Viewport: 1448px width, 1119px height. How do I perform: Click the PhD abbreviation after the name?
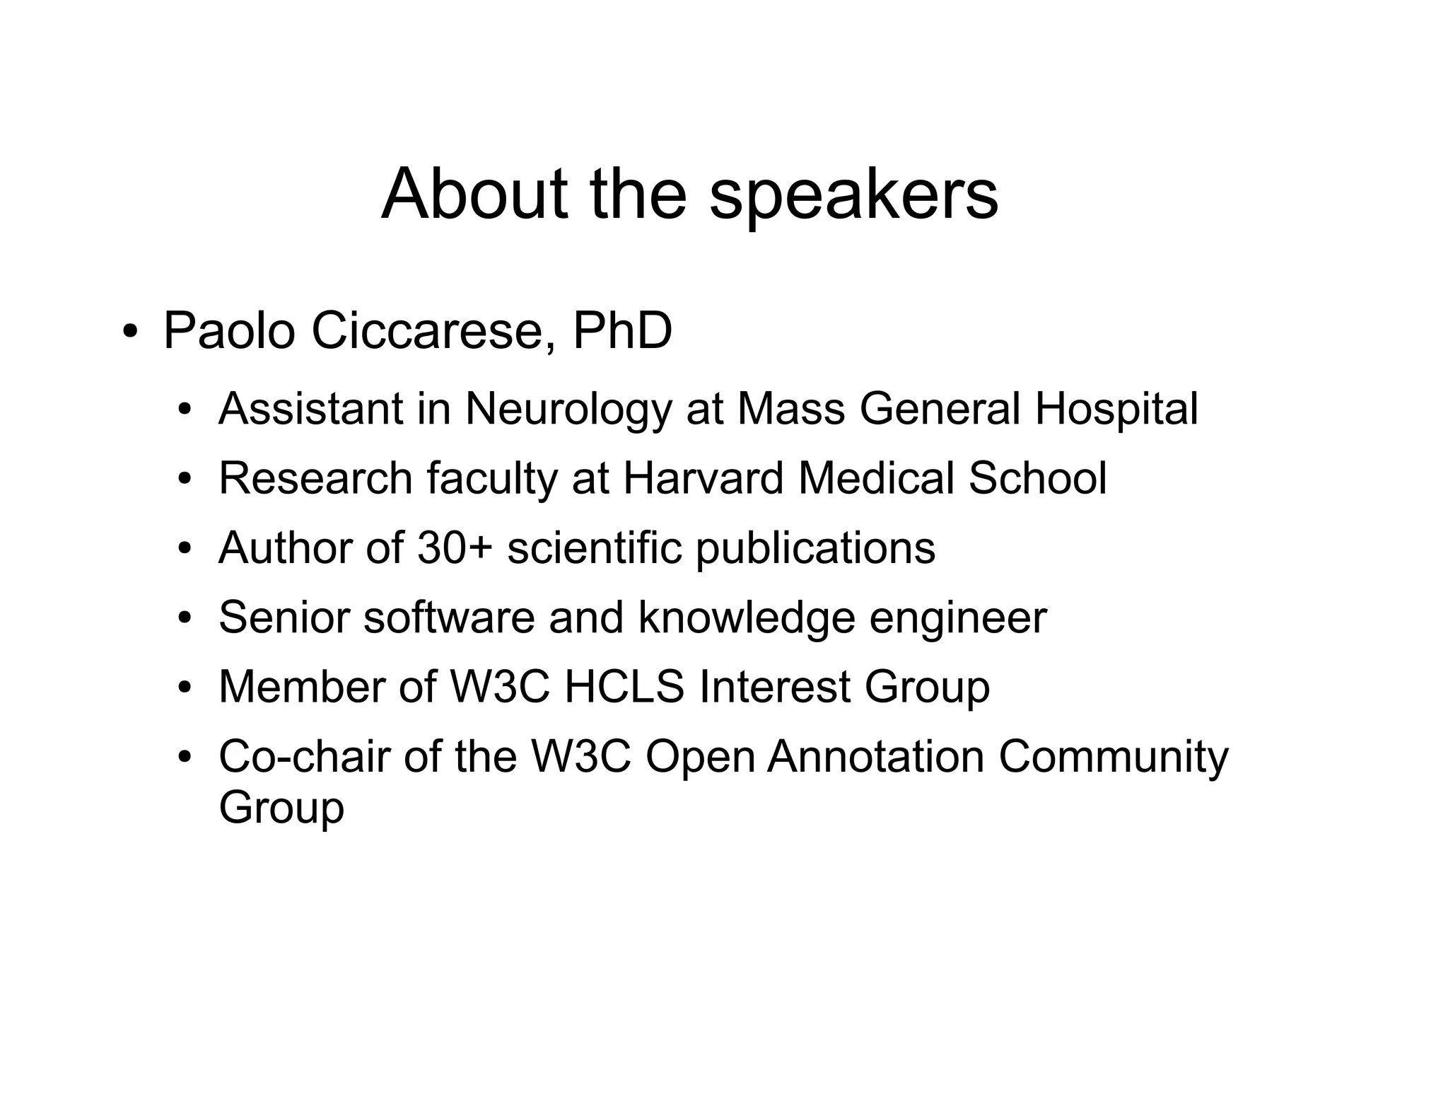(622, 331)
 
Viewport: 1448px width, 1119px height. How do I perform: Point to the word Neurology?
(568, 410)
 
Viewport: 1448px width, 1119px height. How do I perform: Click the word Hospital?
(1116, 410)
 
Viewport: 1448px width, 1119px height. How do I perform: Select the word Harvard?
(703, 478)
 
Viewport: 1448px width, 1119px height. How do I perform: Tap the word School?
(1037, 478)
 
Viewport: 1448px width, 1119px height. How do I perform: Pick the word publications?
(815, 549)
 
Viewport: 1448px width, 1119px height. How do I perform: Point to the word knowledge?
(746, 618)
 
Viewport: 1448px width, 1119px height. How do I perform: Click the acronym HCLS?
(624, 686)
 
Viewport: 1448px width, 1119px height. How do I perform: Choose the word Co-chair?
(304, 756)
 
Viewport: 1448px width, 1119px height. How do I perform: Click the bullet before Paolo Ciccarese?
(129, 332)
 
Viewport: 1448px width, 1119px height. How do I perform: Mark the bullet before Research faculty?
(185, 480)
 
